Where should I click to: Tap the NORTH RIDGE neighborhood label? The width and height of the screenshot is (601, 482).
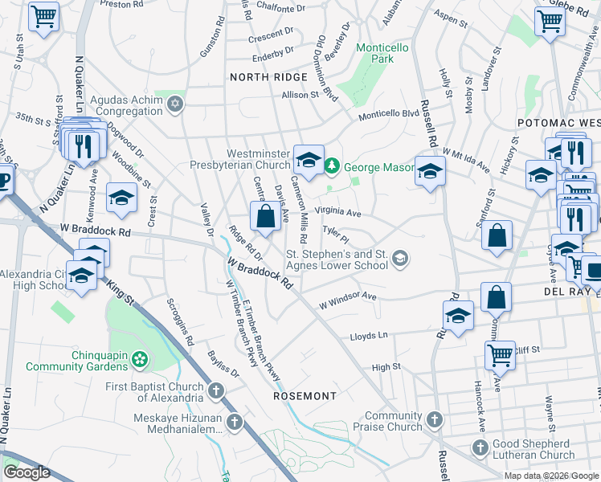268,77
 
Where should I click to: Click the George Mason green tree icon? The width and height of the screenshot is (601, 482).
332,166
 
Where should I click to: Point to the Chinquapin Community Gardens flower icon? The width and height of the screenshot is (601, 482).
141,358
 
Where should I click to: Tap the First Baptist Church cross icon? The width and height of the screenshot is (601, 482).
215,391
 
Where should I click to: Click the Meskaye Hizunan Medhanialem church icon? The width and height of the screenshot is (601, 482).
235,422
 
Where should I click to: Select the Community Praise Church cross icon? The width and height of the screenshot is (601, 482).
435,419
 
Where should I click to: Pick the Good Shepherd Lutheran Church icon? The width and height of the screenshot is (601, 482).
480,447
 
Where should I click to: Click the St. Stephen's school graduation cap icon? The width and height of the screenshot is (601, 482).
400,258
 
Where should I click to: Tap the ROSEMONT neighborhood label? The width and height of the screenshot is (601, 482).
305,397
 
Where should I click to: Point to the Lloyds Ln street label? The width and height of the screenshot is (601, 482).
369,336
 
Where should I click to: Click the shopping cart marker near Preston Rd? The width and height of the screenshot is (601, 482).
43,16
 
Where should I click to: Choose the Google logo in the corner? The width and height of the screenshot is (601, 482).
27,472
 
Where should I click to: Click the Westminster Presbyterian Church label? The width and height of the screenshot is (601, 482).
247,159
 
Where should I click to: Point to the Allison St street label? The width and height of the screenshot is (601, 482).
300,95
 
